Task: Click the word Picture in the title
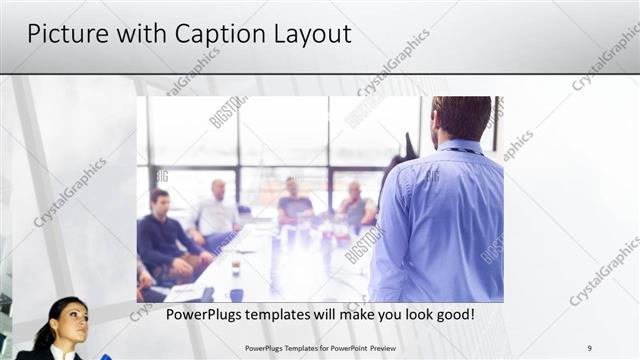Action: pyautogui.click(x=60, y=35)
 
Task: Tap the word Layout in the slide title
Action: pyautogui.click(x=309, y=35)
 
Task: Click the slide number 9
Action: pyautogui.click(x=589, y=348)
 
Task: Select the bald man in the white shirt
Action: pyautogui.click(x=216, y=211)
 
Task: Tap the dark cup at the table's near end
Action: pyautogui.click(x=236, y=294)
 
